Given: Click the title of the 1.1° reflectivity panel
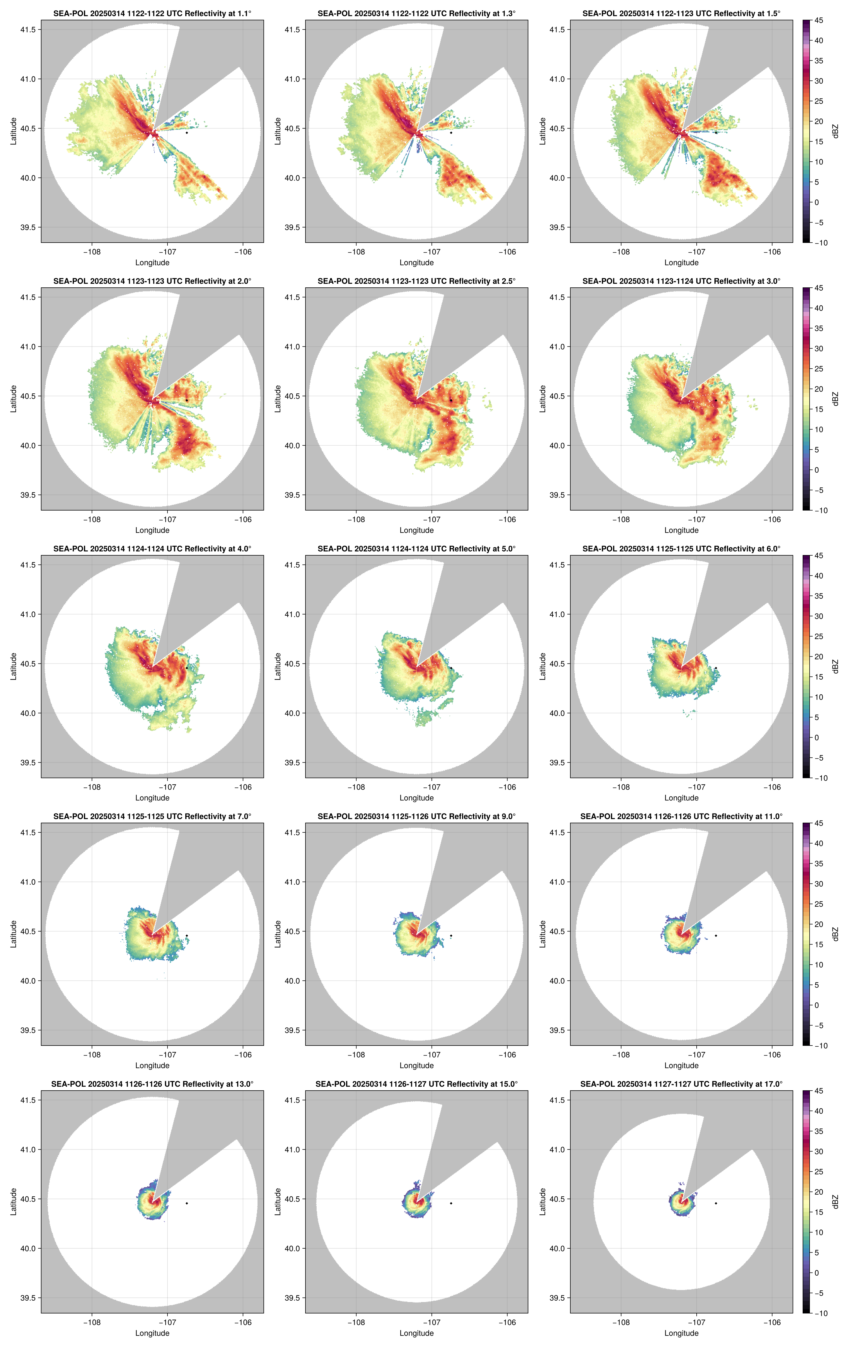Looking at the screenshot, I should click(152, 13).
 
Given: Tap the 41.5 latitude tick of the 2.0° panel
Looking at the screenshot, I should click(28, 297).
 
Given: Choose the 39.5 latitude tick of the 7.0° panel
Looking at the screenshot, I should click(28, 1030).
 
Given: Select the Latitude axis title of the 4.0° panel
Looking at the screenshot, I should click(13, 666).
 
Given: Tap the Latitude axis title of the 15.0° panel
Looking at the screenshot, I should click(278, 1202).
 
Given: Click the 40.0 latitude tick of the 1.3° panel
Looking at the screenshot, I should click(292, 178).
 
